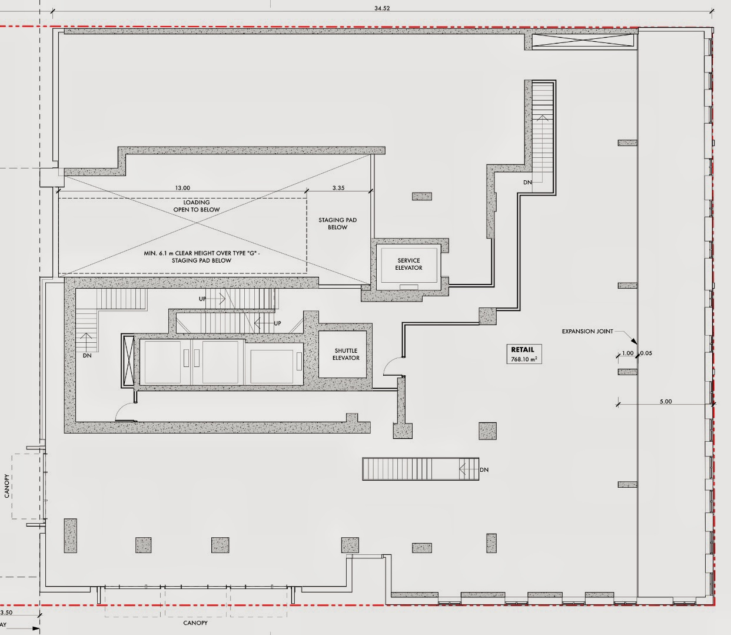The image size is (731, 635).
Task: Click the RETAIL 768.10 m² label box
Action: point(524,354)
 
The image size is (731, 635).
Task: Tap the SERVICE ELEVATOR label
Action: point(408,264)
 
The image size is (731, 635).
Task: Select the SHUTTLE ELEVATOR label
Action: point(346,354)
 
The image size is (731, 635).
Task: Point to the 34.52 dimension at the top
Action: point(382,8)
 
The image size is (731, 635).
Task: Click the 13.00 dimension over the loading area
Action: point(182,188)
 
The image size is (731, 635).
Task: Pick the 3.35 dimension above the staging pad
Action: point(338,188)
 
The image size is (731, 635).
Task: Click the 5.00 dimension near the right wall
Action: point(666,402)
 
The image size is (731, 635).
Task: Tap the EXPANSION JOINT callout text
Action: point(587,332)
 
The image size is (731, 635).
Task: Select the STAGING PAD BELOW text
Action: point(338,223)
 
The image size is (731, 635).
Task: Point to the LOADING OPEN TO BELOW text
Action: point(197,206)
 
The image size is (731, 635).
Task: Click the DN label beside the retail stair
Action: point(484,470)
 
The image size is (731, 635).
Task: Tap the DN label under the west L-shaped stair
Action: point(87,355)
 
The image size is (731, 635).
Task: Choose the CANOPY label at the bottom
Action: point(195,623)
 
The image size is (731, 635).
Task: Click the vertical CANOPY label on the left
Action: point(7,486)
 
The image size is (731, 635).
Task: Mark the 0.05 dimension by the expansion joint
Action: point(646,353)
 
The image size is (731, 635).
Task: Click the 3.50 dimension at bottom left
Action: point(6,613)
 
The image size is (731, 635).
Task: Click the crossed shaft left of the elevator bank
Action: point(128,361)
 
